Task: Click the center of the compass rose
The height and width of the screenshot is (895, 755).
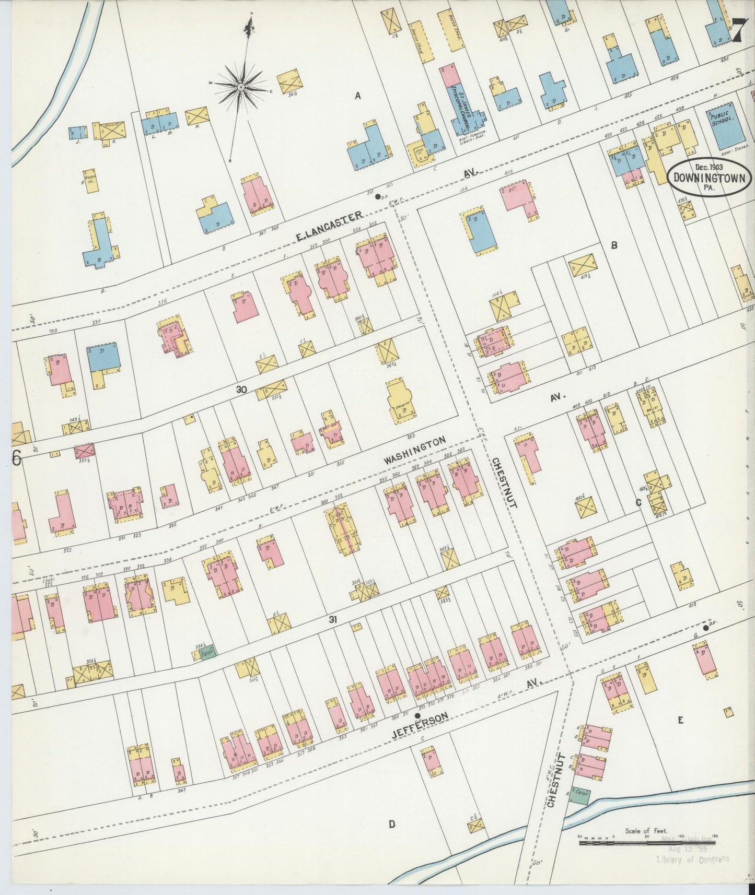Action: (241, 87)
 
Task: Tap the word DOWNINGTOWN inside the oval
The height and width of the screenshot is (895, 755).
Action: (710, 177)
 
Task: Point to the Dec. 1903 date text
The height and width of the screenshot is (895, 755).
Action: (709, 167)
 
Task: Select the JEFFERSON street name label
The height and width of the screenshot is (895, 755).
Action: (420, 725)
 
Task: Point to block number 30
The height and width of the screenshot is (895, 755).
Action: (241, 390)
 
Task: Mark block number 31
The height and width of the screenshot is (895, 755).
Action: (331, 619)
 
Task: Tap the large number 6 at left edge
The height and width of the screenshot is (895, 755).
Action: (16, 458)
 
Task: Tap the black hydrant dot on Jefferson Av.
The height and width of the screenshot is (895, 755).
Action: (417, 715)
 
